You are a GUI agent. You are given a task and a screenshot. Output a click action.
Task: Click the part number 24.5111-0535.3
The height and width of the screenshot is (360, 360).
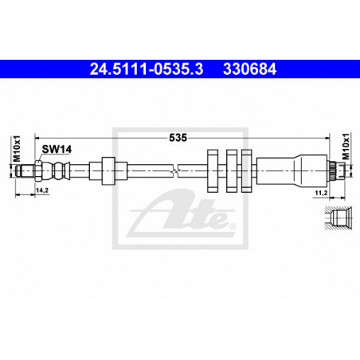147,69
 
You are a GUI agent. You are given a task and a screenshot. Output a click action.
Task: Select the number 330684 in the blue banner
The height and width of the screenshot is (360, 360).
250,69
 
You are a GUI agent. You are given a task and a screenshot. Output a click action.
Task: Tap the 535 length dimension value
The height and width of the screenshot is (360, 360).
178,138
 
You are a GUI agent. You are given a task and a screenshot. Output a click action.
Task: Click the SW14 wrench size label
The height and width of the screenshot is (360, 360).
57,149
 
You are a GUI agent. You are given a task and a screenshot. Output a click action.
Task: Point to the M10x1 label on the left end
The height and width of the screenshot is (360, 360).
17,149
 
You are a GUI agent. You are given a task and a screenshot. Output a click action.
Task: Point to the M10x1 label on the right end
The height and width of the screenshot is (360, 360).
346,147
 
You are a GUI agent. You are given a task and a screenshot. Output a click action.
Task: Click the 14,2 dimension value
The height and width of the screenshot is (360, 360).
42,190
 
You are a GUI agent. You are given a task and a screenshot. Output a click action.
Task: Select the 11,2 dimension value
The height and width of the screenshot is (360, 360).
321,193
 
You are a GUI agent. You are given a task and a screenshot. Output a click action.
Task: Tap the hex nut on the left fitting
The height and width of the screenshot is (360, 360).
37,170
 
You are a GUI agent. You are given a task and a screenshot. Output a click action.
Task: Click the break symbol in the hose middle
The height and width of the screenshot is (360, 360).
175,170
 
